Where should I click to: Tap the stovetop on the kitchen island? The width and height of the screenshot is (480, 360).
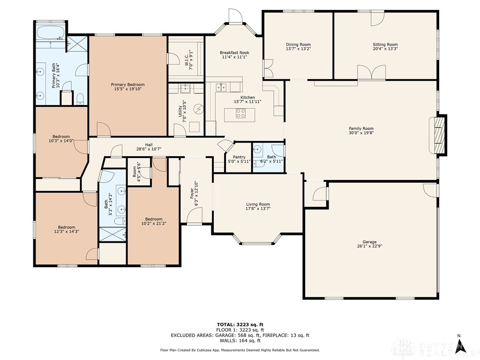point(240,113)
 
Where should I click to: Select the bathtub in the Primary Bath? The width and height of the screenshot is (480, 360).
point(50,33)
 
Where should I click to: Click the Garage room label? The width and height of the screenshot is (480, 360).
point(369,242)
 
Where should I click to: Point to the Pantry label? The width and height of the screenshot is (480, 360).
point(239,157)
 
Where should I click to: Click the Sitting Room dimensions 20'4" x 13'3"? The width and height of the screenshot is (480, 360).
point(385,49)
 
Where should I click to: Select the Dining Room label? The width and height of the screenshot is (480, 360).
point(298,45)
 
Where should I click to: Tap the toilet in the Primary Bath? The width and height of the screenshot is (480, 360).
point(80,99)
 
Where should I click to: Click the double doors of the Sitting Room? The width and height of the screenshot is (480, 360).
point(371,73)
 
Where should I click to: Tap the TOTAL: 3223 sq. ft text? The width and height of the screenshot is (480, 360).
point(240,324)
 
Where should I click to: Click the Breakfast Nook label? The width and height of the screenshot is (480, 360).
point(234,52)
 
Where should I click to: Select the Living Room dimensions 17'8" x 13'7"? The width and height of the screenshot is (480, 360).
point(258,209)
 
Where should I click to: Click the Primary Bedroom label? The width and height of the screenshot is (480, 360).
point(127,84)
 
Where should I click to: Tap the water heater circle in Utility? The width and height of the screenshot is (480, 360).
point(199,108)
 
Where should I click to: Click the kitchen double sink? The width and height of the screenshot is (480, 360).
point(221,87)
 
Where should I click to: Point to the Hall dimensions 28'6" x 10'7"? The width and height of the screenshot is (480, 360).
point(149,149)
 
